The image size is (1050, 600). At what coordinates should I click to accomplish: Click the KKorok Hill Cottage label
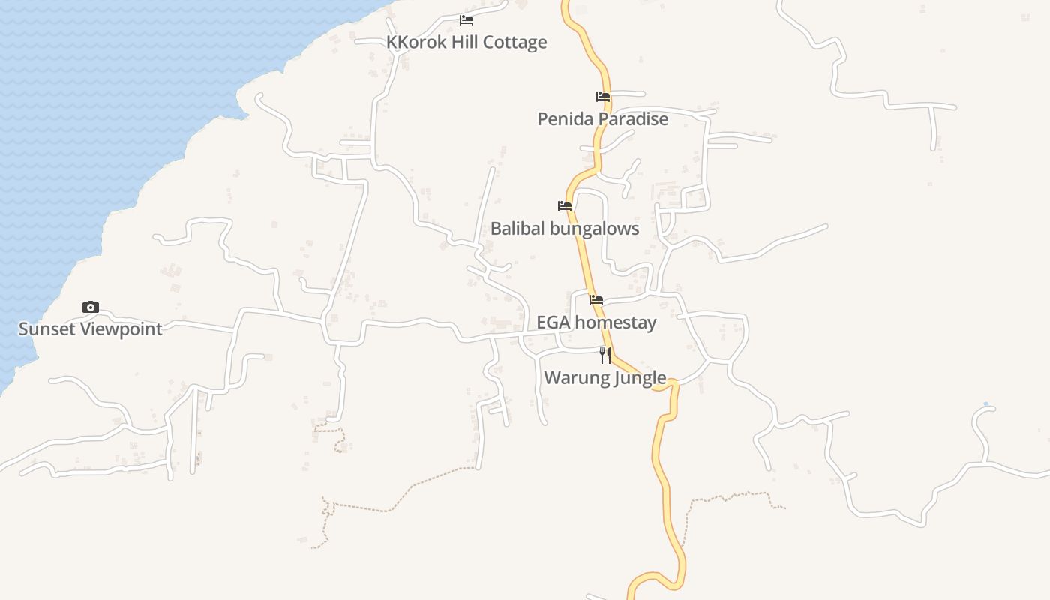point(466,42)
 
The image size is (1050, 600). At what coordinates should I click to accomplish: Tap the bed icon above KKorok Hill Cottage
point(466,20)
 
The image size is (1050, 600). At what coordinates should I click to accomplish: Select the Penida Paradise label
point(602,118)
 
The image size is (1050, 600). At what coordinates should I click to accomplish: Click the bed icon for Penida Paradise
point(602,97)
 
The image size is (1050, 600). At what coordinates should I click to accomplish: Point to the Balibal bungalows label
point(565,228)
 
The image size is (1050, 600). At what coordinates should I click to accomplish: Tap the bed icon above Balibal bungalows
point(565,206)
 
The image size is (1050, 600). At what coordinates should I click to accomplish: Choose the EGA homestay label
point(596,322)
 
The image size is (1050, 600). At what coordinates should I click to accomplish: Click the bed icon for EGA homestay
point(596,300)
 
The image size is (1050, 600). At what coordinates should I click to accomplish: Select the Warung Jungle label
point(604,377)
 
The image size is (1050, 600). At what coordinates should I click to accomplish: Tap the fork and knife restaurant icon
point(604,355)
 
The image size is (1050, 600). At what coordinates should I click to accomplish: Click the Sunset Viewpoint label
point(90,328)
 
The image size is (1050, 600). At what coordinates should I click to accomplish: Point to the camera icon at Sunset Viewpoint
point(90,307)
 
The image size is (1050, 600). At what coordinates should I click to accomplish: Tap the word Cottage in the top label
point(514,42)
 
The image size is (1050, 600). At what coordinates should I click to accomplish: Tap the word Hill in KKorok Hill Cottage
point(464,42)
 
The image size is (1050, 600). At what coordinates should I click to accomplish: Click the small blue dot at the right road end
point(986,405)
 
